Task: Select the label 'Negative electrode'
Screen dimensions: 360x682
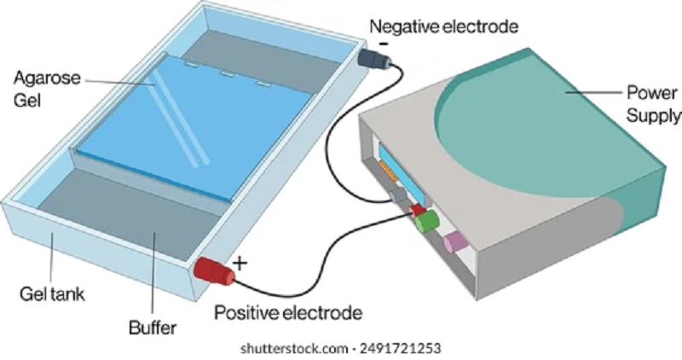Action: tap(442, 26)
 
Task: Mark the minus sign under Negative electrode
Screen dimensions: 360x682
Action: tap(384, 42)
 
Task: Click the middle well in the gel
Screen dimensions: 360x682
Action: tap(226, 74)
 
